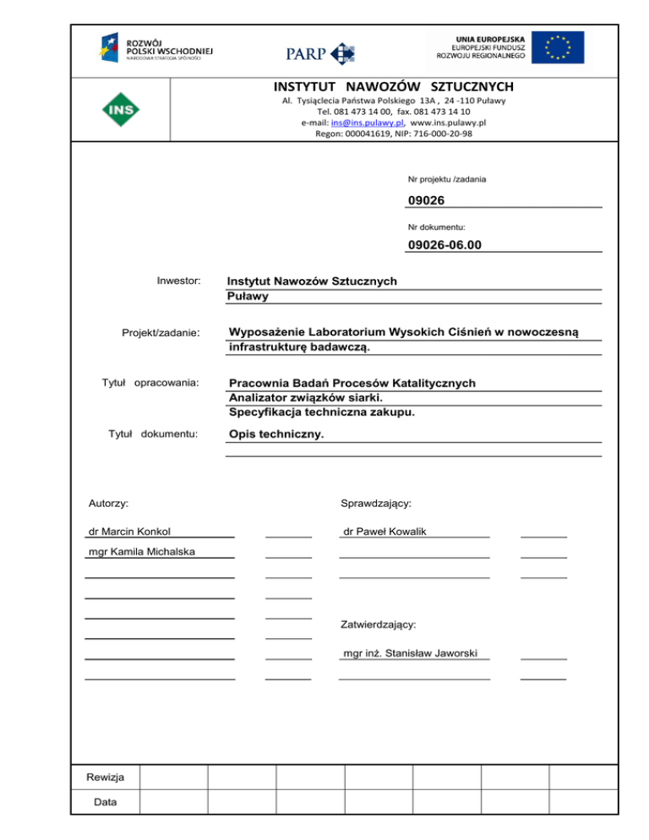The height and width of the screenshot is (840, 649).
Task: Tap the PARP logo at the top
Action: [319, 52]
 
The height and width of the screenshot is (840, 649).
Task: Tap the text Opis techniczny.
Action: [275, 435]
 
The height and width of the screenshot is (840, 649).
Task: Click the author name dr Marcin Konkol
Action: [130, 532]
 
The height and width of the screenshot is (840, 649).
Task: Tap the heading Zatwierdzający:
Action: [377, 625]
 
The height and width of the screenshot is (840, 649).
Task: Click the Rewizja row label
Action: [105, 777]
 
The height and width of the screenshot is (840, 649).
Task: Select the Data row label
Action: [105, 800]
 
